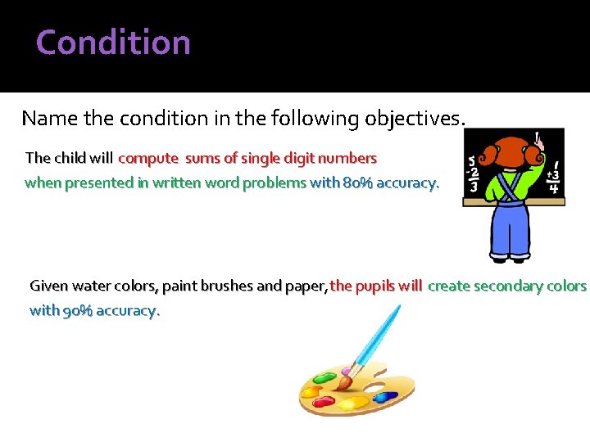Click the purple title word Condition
click(113, 43)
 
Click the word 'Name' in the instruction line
click(49, 119)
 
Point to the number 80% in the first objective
click(357, 183)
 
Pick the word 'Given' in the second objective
click(48, 286)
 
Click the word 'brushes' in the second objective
click(225, 286)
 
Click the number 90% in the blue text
click(78, 311)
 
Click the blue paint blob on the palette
click(385, 397)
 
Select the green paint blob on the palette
click(324, 378)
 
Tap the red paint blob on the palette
click(324, 402)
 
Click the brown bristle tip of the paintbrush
click(343, 379)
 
